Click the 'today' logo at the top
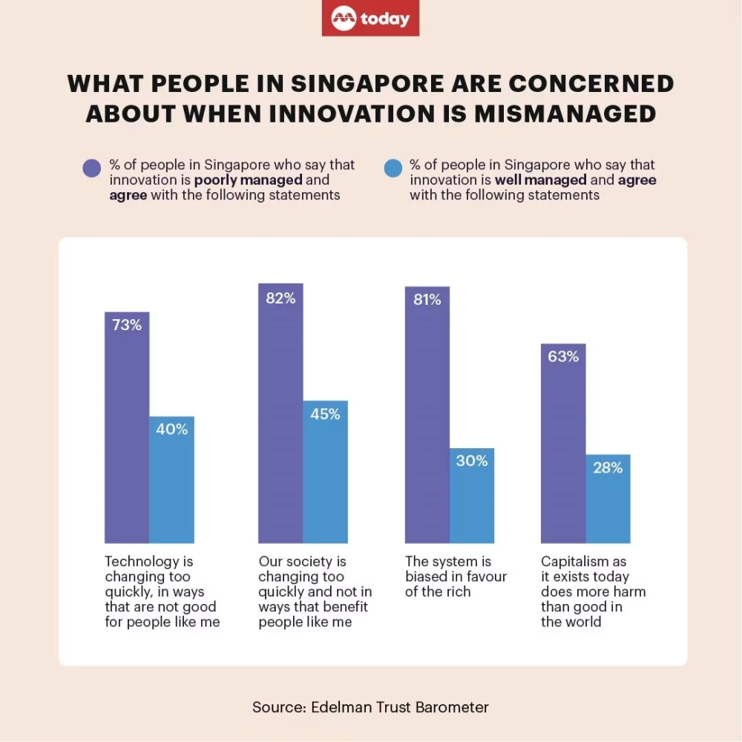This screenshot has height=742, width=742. coord(370,19)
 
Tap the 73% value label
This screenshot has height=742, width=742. coord(127,325)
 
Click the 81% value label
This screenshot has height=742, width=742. coord(427,300)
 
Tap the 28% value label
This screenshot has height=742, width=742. coord(608,468)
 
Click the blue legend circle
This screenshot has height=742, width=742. coord(393,169)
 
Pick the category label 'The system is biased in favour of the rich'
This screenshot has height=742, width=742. coord(456,577)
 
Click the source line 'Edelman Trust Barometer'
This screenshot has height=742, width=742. coord(400,707)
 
